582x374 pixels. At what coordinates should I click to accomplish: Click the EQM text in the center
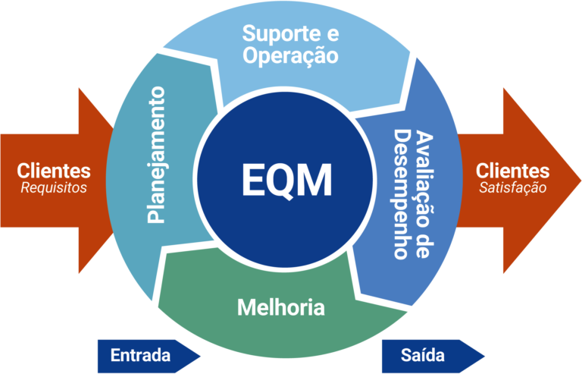286,180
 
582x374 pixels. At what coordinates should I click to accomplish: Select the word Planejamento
155,155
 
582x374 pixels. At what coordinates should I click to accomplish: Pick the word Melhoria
280,308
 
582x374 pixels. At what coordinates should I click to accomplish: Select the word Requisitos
54,187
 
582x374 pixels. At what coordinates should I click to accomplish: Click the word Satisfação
512,187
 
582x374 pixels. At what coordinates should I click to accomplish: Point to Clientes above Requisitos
54,171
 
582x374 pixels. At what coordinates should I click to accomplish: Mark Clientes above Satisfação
512,171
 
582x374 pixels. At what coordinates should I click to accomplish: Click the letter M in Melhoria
246,308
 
